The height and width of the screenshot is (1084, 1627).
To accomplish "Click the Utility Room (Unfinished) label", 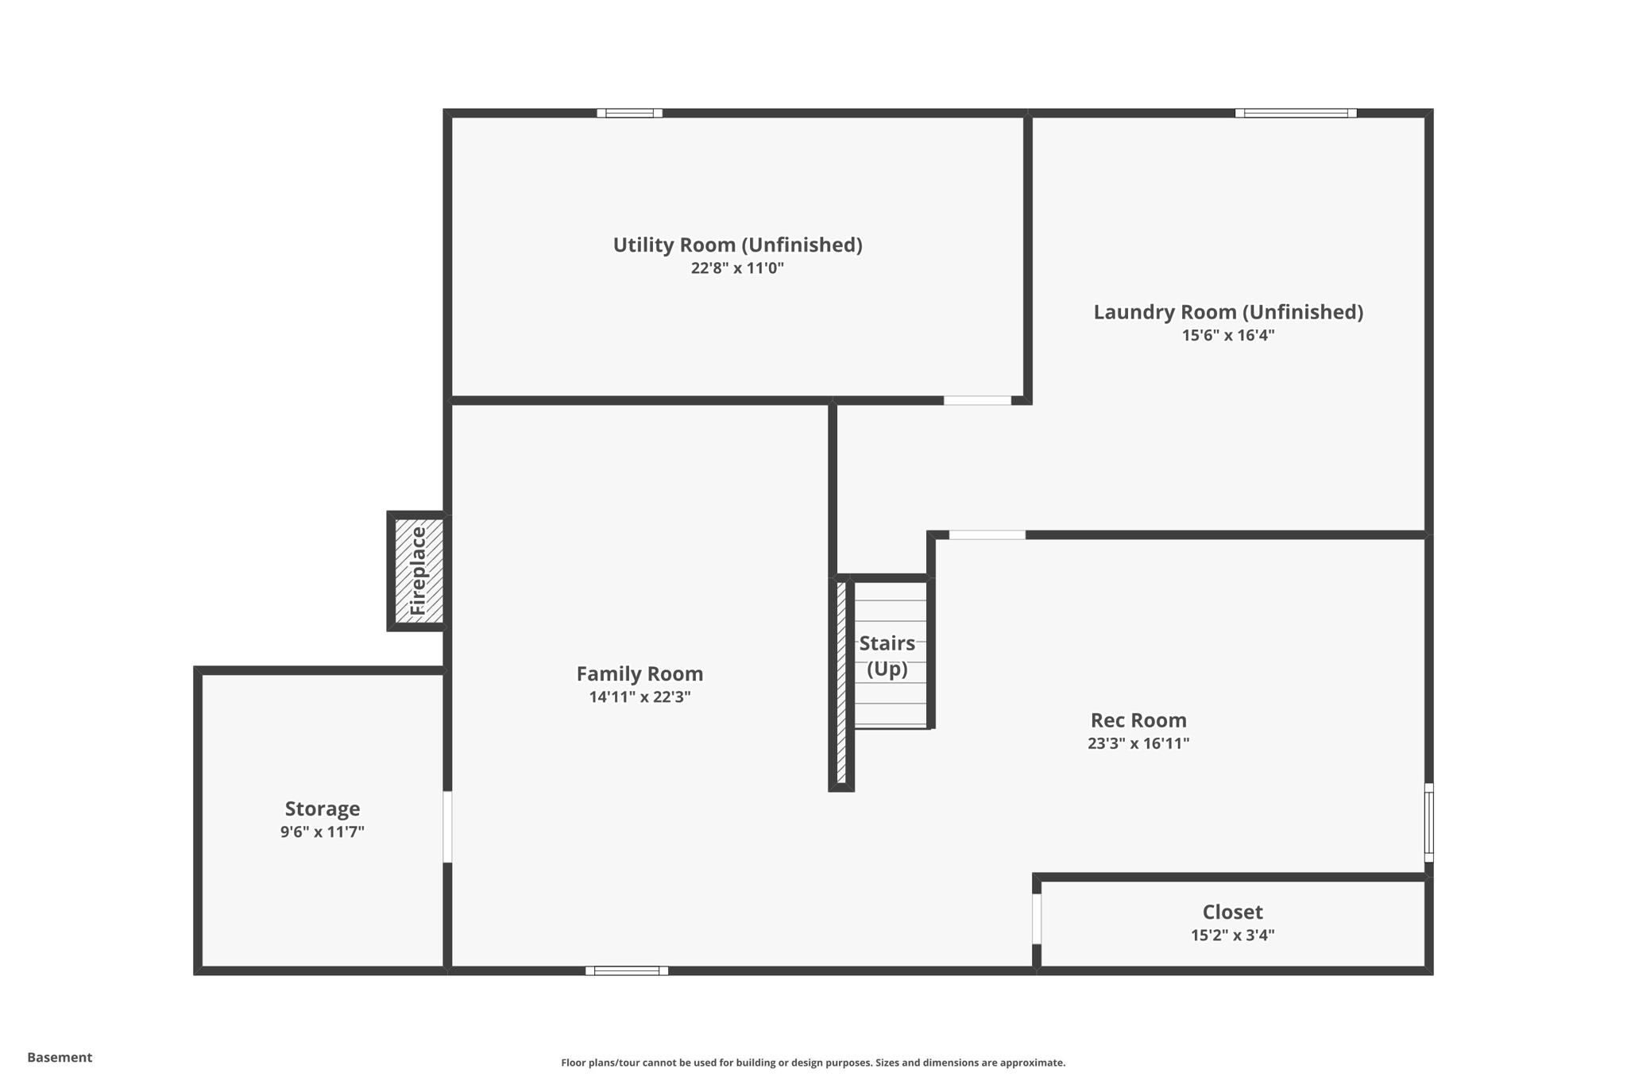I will (x=737, y=245).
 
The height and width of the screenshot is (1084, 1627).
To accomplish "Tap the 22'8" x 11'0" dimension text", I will (x=737, y=268).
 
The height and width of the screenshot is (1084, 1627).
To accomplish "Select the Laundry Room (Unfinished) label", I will (x=1228, y=312).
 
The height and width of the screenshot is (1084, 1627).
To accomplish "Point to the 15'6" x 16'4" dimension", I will (x=1228, y=335).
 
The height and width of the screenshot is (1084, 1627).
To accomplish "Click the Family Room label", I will (x=640, y=674).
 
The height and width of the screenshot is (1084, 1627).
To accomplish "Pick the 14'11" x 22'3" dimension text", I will (x=640, y=697).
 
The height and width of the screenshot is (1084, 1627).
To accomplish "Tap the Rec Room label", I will (x=1138, y=720).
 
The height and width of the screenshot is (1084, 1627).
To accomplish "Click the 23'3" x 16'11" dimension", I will (x=1138, y=743).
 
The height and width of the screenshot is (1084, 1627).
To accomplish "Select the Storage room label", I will (x=323, y=808).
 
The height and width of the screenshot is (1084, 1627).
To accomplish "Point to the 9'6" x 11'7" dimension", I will (x=323, y=832).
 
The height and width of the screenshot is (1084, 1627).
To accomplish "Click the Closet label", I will (x=1232, y=912).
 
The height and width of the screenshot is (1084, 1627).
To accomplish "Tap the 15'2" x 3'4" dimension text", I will (x=1232, y=935).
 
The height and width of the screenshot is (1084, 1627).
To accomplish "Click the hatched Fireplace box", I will (x=419, y=571).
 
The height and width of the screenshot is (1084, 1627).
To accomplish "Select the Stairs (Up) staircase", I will (x=889, y=655).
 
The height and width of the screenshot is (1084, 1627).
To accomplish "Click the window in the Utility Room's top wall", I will (x=630, y=113).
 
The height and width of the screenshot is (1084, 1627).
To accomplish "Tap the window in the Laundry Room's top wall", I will (x=1296, y=113).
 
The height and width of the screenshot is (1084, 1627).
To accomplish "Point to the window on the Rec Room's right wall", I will (x=1428, y=823).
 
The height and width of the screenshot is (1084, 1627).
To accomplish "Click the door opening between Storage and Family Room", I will (x=447, y=827).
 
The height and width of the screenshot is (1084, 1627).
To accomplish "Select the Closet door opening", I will (x=1037, y=919).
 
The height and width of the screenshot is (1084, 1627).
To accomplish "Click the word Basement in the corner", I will (x=60, y=1057).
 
